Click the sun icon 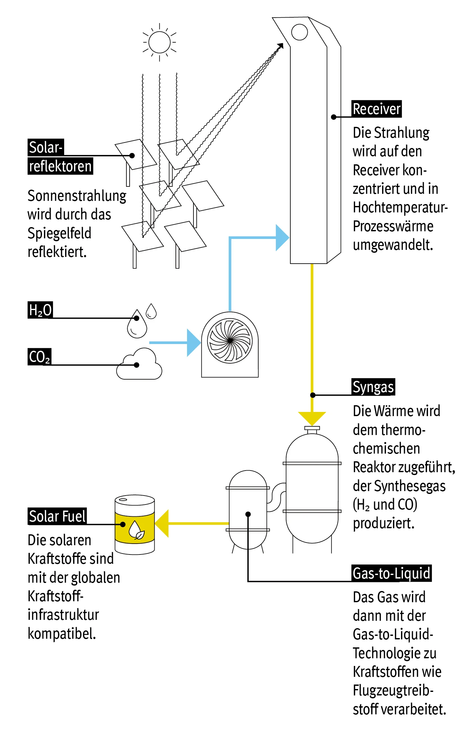[159, 42]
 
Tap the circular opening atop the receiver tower [299, 32]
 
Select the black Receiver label [376, 109]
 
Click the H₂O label [40, 310]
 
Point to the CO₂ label [39, 357]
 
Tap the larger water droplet [137, 324]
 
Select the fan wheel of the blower [230, 341]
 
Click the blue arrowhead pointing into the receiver [282, 238]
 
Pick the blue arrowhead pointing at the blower [193, 342]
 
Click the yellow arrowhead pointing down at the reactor [312, 418]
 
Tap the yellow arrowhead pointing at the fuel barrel [162, 523]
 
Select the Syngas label [373, 387]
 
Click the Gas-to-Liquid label [391, 573]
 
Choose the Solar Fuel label [57, 516]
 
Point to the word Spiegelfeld [59, 233]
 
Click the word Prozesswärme [393, 226]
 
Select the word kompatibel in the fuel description [62, 634]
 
